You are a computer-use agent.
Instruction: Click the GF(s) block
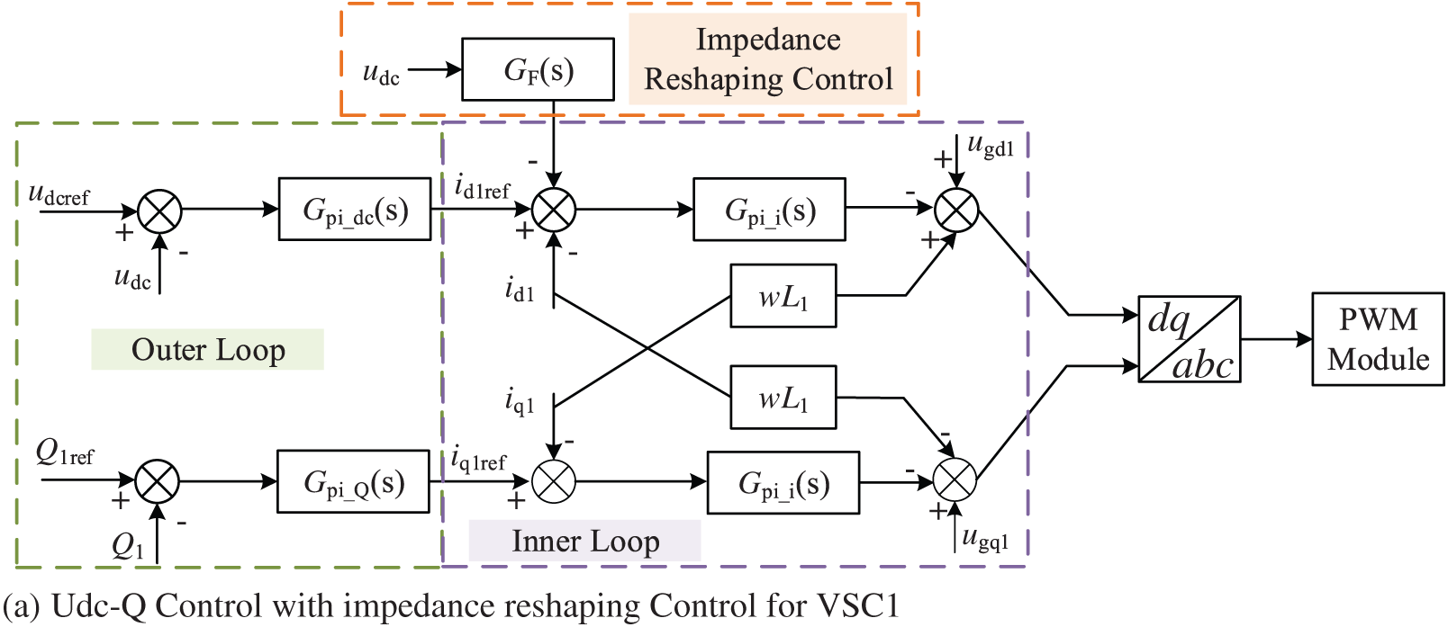(x=538, y=69)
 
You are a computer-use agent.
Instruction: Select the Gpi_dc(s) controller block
(x=355, y=210)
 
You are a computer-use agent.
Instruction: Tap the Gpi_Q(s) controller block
(x=354, y=481)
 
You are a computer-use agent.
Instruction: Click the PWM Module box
(x=1378, y=339)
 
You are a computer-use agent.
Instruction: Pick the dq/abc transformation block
(x=1190, y=339)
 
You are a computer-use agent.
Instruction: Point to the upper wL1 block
(x=783, y=296)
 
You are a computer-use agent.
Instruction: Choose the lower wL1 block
(x=783, y=397)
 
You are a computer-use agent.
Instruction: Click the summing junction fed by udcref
(x=159, y=211)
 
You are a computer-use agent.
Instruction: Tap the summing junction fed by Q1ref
(x=157, y=481)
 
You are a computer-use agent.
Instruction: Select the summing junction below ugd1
(x=956, y=210)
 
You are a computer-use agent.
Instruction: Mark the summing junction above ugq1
(x=955, y=479)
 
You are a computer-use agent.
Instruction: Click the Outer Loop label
(x=208, y=349)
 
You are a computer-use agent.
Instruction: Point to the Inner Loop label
(x=585, y=541)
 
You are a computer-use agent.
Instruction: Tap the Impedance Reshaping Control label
(x=768, y=59)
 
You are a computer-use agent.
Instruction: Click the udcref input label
(x=59, y=194)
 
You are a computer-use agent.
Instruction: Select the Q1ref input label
(x=65, y=452)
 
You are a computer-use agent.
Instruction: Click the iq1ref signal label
(x=478, y=460)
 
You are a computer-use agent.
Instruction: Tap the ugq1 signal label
(x=985, y=539)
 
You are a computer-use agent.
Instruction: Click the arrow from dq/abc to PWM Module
(x=1277, y=339)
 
